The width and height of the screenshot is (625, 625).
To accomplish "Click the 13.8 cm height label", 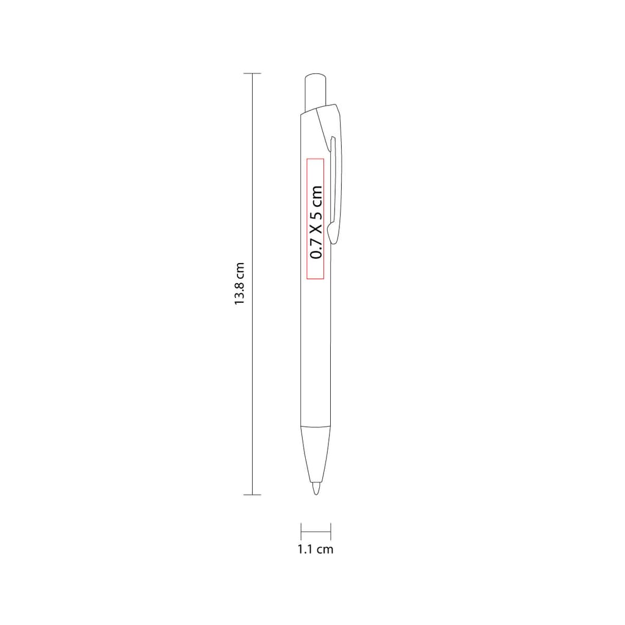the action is [239, 284].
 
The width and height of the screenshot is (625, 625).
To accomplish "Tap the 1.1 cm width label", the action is [316, 549].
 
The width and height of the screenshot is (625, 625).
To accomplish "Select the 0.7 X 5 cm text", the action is [316, 222].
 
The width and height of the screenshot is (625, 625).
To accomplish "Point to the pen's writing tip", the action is [316, 489].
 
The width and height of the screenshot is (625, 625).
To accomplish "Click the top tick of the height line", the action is [252, 73].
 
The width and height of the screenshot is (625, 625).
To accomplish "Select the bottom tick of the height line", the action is [252, 494].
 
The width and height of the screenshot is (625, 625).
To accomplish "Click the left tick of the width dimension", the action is [302, 532].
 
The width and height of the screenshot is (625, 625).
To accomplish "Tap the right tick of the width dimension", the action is [331, 532].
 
